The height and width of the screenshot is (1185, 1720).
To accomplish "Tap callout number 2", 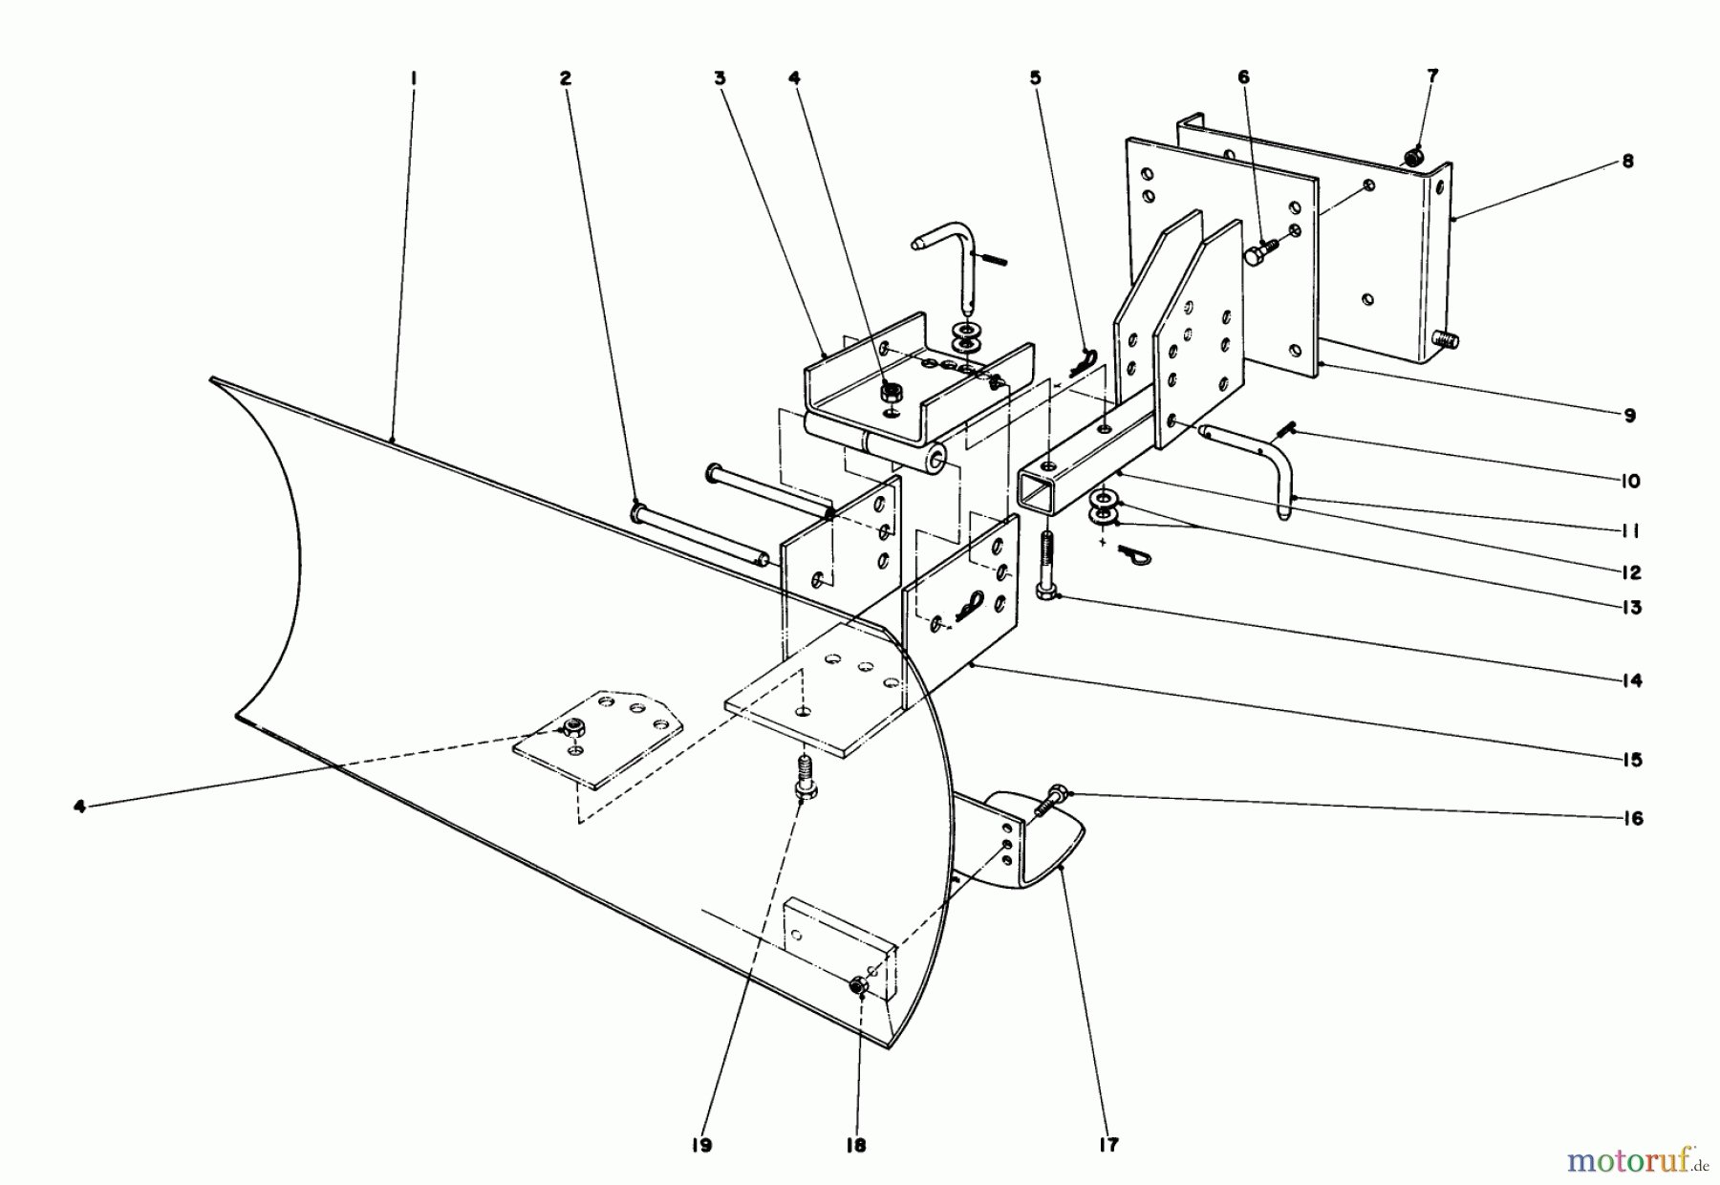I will (566, 79).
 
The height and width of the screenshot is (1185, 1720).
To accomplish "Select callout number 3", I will (720, 79).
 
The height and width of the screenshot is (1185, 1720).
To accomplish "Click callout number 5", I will (1036, 78).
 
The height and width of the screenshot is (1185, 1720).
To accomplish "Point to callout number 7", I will (1431, 75).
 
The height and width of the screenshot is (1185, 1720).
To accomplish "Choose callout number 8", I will (1627, 162).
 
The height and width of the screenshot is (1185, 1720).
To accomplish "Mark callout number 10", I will (1630, 481).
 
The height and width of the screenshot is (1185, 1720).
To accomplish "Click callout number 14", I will (1630, 680).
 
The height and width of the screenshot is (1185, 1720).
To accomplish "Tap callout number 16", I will (1631, 818).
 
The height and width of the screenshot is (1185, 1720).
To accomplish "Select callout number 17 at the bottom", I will (1108, 1144).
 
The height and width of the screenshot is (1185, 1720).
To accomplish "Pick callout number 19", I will (702, 1145).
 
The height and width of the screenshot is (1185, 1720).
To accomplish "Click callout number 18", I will (856, 1145).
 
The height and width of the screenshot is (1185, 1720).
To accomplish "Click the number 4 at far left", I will (80, 807).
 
